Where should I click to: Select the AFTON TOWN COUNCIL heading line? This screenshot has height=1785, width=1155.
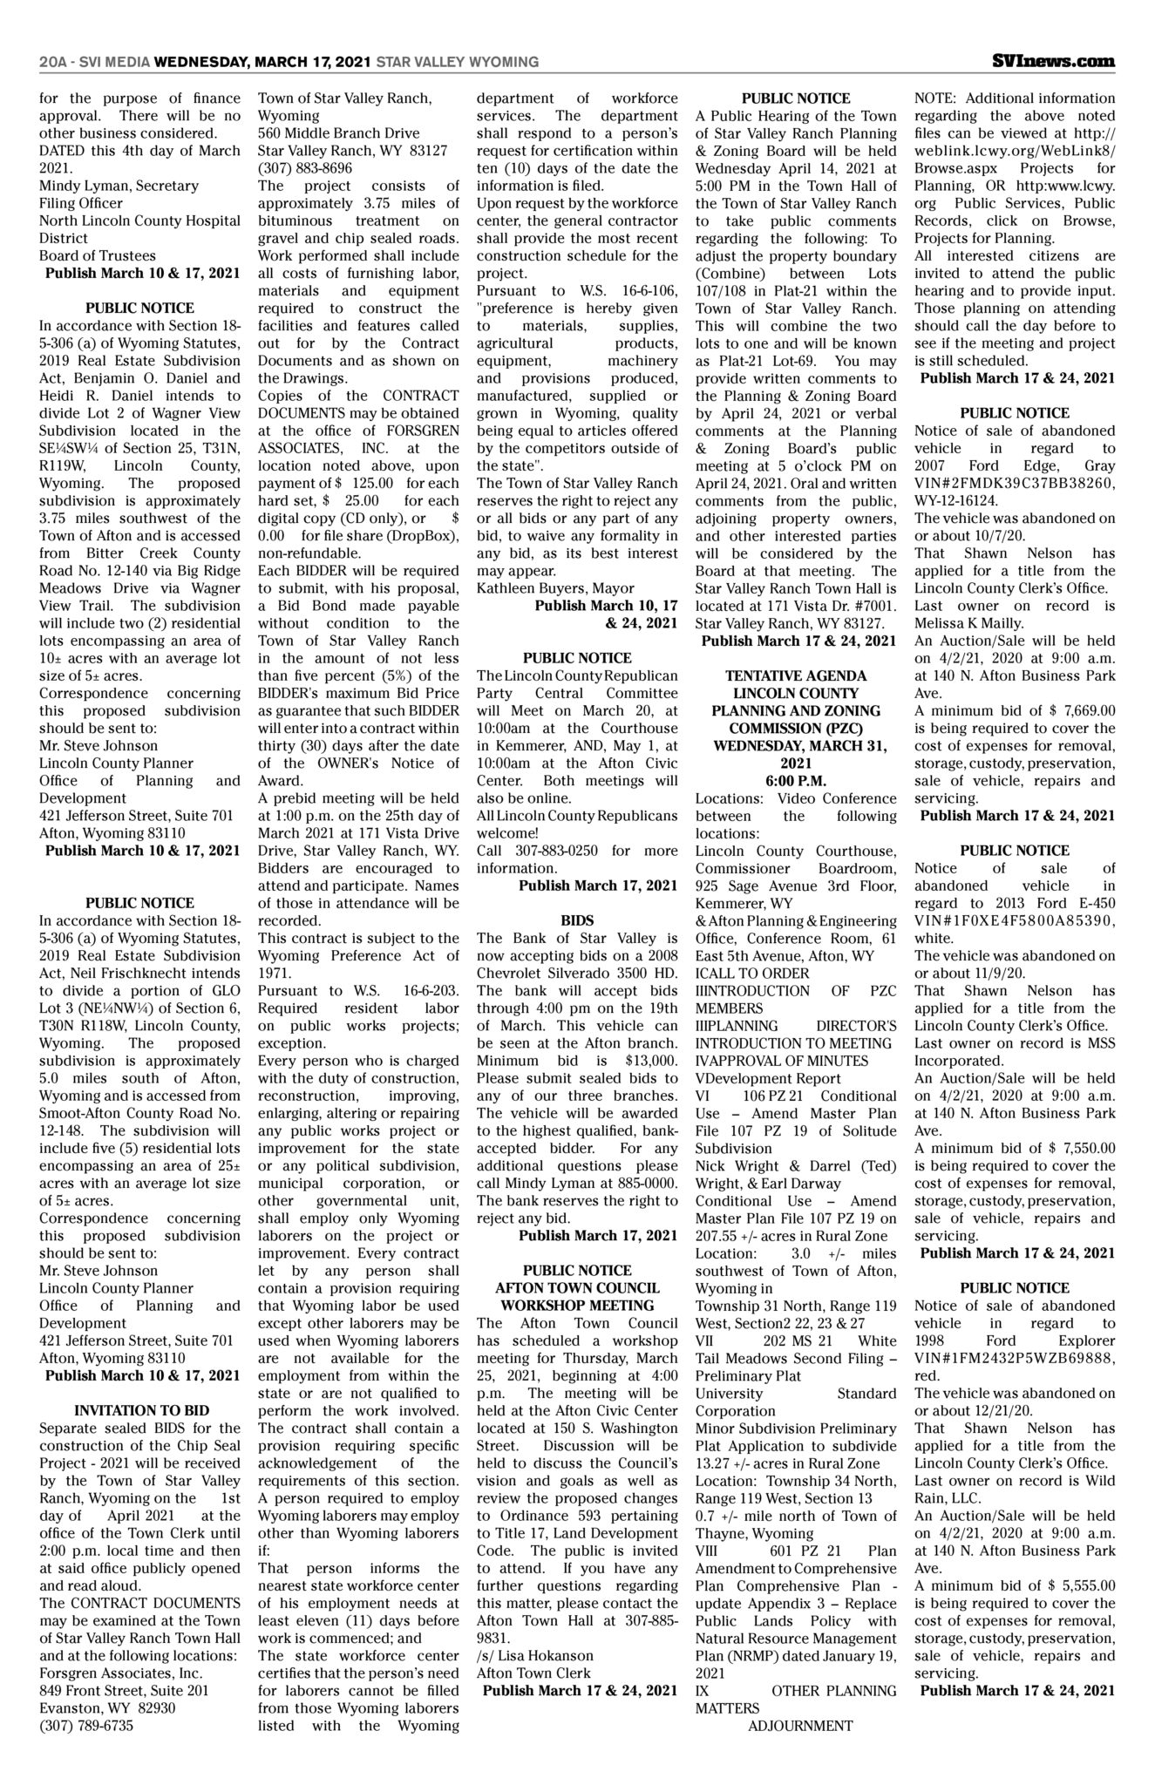(x=576, y=1287)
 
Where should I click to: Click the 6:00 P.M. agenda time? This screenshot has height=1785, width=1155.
(x=795, y=780)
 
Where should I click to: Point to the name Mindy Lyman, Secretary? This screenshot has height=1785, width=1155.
(x=119, y=186)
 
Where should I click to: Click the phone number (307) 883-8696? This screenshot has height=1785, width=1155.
(x=304, y=168)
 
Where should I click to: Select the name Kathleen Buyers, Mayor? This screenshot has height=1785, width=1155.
(x=555, y=587)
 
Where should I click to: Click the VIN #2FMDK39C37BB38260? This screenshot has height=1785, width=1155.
(x=1014, y=483)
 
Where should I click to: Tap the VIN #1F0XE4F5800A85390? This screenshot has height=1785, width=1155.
(x=1014, y=920)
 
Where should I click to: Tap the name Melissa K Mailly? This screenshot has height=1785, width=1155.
(x=964, y=623)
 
